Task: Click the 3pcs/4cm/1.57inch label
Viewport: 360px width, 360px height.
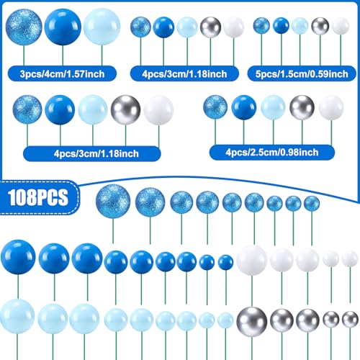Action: point(62,74)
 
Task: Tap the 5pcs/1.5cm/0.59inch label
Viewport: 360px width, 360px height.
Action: point(302,74)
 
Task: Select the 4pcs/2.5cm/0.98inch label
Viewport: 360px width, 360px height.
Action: point(272,153)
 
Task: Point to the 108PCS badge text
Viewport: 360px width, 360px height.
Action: point(38,197)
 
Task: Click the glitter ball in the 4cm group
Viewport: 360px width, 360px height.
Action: point(24,27)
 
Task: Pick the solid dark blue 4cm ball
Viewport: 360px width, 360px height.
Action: point(63,27)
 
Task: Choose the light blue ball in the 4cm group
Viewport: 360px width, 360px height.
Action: point(102,27)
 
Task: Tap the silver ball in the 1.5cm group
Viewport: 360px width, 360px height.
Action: point(320,26)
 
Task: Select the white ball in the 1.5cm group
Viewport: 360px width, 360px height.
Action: point(341,26)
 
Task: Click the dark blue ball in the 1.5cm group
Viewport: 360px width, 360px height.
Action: point(281,25)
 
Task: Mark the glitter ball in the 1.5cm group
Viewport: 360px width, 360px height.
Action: point(261,26)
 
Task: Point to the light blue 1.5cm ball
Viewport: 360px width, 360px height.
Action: point(300,26)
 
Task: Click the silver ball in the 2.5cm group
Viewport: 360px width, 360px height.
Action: point(302,107)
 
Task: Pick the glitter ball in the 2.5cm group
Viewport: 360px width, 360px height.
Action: point(215,107)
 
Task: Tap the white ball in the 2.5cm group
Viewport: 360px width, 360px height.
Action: point(331,107)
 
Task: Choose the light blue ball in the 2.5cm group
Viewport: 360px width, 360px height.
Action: point(273,107)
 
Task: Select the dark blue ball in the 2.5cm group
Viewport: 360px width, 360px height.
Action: point(244,107)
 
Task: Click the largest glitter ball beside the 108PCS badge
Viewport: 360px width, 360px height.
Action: point(113,202)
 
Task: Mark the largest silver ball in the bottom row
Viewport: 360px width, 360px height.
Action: point(252,322)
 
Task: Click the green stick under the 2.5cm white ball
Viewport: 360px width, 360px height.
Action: point(331,133)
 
